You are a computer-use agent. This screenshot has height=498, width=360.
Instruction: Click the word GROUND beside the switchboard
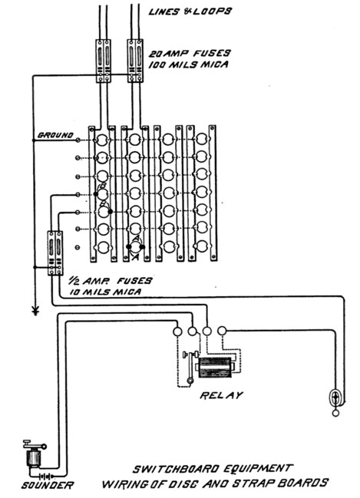[55, 135]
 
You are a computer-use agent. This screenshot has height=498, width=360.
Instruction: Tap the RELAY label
[221, 395]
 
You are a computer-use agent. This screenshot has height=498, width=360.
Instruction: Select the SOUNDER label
[48, 485]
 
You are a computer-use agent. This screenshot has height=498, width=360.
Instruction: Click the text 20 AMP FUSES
[190, 53]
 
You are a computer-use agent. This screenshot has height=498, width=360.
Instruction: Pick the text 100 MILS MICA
[189, 64]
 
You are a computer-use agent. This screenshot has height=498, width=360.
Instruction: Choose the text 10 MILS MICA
[105, 292]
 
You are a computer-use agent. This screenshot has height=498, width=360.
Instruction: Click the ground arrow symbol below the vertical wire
[35, 310]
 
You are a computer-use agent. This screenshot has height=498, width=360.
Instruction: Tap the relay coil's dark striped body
[215, 368]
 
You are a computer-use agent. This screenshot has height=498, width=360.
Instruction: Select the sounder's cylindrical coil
[33, 459]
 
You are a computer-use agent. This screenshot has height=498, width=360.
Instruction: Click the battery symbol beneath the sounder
[45, 477]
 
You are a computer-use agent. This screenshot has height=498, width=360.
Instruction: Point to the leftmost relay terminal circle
[177, 331]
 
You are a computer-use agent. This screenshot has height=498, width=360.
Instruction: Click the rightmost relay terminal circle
[222, 331]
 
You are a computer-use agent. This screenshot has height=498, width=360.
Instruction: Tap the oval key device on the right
[335, 397]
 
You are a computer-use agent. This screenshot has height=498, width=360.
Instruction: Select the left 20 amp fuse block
[104, 61]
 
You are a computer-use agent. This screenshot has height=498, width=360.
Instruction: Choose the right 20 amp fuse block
[135, 61]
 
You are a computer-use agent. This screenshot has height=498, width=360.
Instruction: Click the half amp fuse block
[55, 253]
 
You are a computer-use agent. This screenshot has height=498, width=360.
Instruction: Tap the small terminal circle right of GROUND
[78, 140]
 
